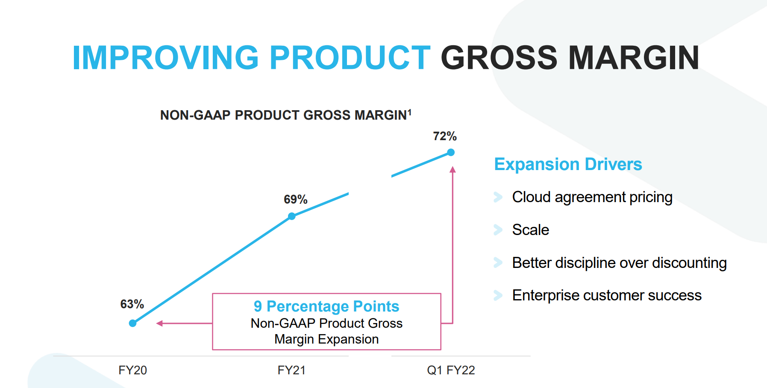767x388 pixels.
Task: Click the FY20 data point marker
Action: pos(133,323)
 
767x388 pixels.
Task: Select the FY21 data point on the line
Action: pos(292,216)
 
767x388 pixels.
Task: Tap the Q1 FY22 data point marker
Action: pos(451,153)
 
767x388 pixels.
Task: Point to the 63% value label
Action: pos(132,304)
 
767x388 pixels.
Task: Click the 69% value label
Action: pos(296,200)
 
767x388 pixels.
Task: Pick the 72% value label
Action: pos(445,136)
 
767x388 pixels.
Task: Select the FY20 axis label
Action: pos(132,370)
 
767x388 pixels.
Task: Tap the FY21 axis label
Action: pos(291,370)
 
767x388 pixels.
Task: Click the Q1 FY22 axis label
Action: pos(451,370)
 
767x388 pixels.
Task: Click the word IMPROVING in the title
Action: pos(166,58)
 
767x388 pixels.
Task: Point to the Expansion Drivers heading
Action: pos(568,165)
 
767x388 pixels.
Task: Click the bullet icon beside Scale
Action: pos(498,230)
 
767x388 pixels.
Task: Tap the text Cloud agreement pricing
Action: pos(592,197)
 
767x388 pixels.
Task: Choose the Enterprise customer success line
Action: pos(607,295)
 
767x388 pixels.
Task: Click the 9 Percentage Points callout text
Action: pos(326,306)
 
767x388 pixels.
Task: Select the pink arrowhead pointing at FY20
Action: pos(159,323)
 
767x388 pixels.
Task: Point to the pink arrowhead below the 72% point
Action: pos(453,170)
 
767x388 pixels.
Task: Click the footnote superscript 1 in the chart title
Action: pos(409,112)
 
